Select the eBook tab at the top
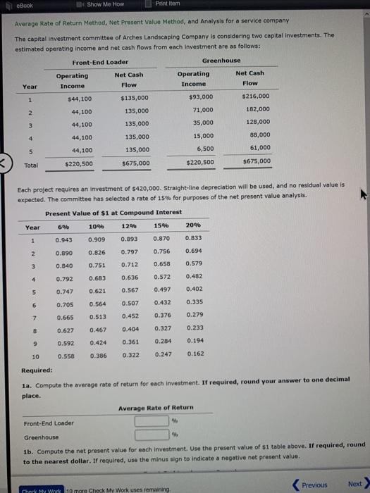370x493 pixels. pos(21,5)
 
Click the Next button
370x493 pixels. pos(357,484)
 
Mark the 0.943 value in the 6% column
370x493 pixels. pos(63,239)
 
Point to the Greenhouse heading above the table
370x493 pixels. pos(221,61)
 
